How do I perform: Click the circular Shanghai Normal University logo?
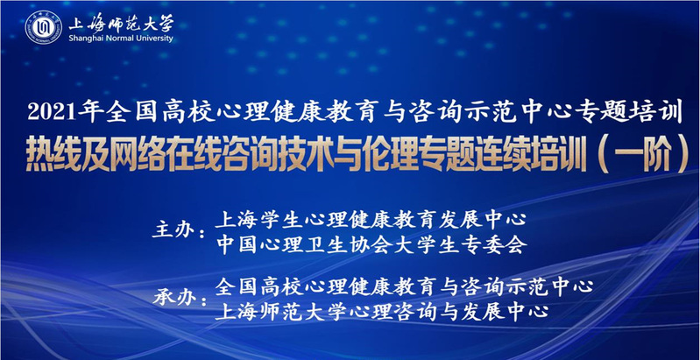(43, 27)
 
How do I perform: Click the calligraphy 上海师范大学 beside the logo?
(121, 22)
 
